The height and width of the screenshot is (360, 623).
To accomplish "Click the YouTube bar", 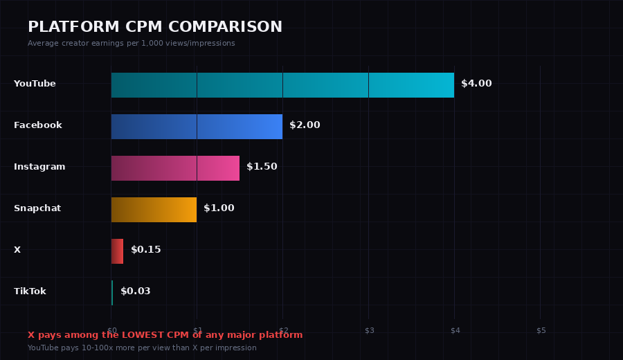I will tap(282, 85).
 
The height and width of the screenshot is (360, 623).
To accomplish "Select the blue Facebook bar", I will tap(197, 127).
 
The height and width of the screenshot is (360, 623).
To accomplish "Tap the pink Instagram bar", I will tap(175, 168).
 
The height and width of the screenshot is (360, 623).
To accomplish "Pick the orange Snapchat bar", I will tap(154, 210).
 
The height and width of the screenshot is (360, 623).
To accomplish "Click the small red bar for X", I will tap(117, 251).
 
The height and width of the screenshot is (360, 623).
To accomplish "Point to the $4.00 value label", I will tap(476, 84).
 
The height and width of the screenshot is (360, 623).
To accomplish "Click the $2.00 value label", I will tap(305, 125).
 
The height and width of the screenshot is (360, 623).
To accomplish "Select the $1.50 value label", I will tap(262, 167).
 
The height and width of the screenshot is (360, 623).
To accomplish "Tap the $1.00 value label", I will tap(219, 208).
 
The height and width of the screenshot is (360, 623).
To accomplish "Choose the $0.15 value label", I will tap(145, 250).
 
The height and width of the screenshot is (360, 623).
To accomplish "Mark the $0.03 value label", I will tap(135, 291).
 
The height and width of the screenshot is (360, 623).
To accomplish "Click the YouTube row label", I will tap(35, 84).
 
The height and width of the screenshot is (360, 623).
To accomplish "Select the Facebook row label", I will tap(38, 125).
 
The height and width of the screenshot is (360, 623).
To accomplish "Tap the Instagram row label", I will tap(39, 167).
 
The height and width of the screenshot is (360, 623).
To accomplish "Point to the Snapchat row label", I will tap(37, 208).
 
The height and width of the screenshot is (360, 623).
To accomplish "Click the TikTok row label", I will tap(30, 291).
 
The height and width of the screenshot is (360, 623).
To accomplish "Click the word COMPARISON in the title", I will tap(226, 27).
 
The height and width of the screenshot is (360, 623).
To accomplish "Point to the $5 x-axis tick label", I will tap(541, 330).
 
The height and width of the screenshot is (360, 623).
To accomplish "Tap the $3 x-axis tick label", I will tap(370, 330).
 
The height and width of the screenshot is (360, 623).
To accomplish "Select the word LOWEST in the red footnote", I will tap(143, 335).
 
